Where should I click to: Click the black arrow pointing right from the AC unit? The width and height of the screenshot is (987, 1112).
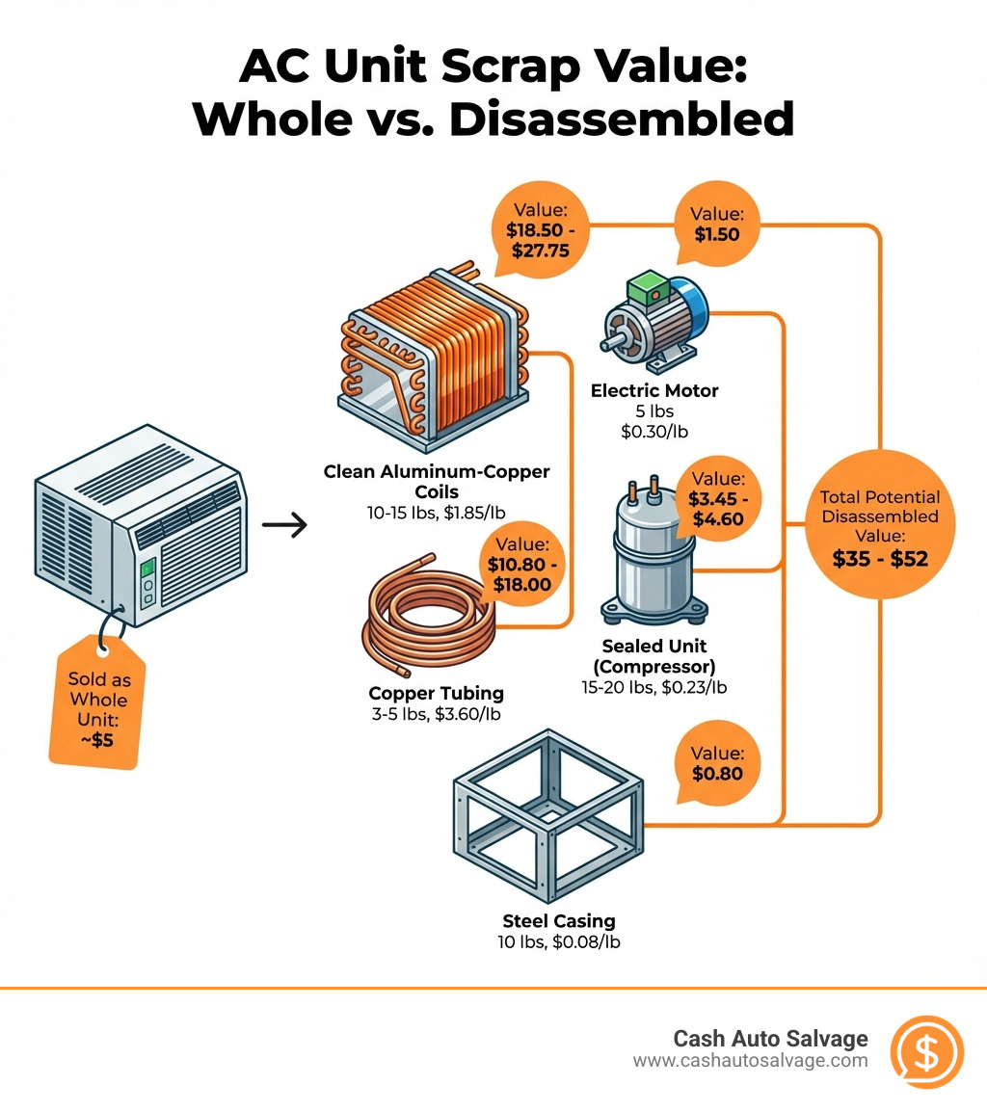pyautogui.click(x=284, y=525)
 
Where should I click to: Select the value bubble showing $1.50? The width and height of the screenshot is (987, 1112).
pyautogui.click(x=714, y=226)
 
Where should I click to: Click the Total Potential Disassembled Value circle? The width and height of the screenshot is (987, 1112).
pyautogui.click(x=879, y=525)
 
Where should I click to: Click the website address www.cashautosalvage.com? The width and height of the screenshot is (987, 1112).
pyautogui.click(x=750, y=1061)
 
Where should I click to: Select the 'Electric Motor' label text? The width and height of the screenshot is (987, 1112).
pyautogui.click(x=655, y=390)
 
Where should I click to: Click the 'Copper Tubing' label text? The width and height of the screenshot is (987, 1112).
pyautogui.click(x=436, y=693)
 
